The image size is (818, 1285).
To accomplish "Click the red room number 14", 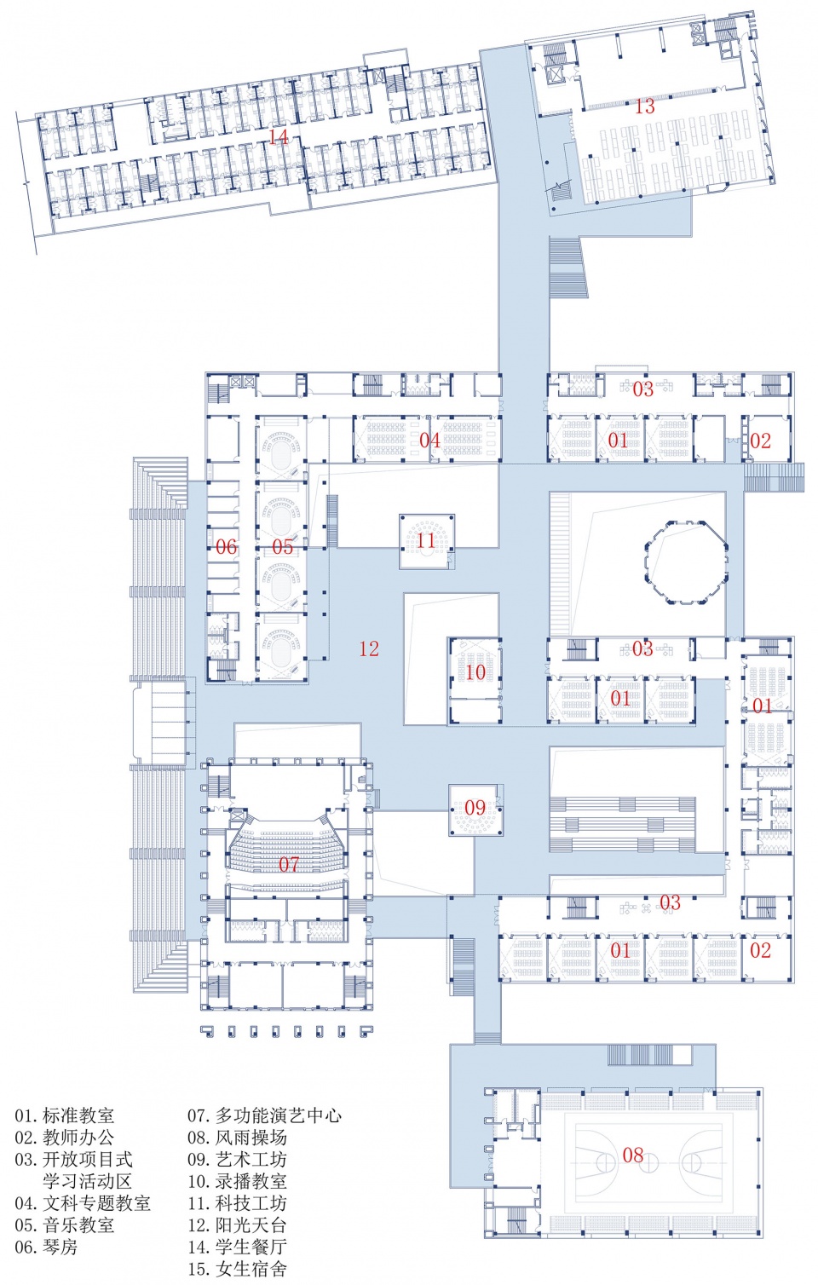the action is point(279,136).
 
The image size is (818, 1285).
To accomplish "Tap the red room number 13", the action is point(645,107).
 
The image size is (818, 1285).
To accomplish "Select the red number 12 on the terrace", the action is point(369,648).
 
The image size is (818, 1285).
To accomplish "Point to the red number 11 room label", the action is point(426,539).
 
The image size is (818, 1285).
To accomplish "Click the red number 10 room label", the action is point(475,671).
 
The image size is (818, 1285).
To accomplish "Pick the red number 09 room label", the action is point(475,808).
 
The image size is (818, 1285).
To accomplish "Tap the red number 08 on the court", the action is point(633,1155).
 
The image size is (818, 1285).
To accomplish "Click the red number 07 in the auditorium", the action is point(289,864).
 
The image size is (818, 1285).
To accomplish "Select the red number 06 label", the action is point(226,547).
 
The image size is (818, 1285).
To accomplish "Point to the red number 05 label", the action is point(282,547).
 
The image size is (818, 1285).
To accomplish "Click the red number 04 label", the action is point(429,440).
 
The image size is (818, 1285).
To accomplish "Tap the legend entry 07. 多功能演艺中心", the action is point(264,1115).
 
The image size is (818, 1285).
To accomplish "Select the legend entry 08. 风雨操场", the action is point(237,1137).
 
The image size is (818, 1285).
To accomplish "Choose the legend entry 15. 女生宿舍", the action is point(237,1268).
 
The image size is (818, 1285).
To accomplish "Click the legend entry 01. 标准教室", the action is point(64,1115).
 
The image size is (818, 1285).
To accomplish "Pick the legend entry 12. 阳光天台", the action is point(237,1224).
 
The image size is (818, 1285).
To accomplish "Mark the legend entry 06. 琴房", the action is point(46,1247).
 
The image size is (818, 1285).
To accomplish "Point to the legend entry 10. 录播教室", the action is point(237,1181).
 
